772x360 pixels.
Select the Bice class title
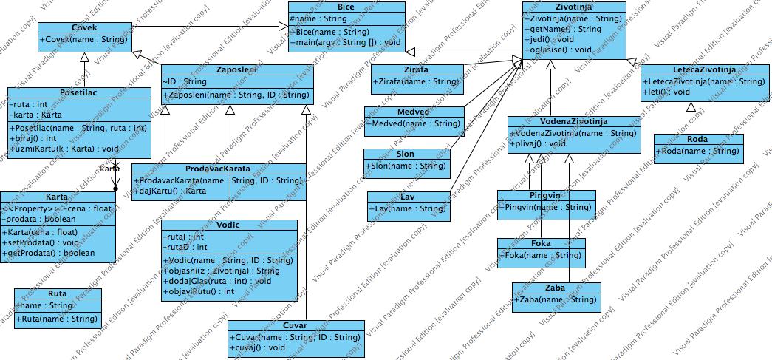pyautogui.click(x=346, y=7)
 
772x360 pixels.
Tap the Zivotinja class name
pyautogui.click(x=574, y=7)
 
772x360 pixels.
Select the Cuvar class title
pyautogui.click(x=296, y=325)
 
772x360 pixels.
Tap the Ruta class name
pyautogui.click(x=57, y=293)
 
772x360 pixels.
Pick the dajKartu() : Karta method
pyautogui.click(x=171, y=191)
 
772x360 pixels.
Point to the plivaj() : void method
pyautogui.click(x=537, y=144)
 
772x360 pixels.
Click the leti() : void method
pyautogui.click(x=666, y=92)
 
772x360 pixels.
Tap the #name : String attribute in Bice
pyautogui.click(x=318, y=18)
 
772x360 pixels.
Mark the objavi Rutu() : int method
pyautogui.click(x=199, y=291)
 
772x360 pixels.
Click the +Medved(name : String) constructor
pyautogui.click(x=413, y=123)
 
